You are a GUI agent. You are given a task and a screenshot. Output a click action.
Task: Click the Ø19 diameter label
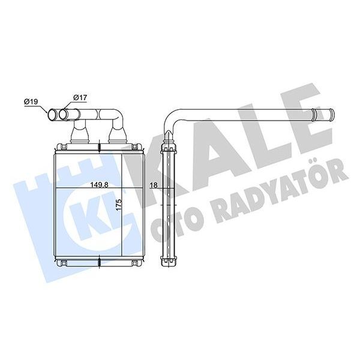(x=32, y=101)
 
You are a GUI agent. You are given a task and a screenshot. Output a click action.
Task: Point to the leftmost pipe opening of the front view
(x=52, y=114)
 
